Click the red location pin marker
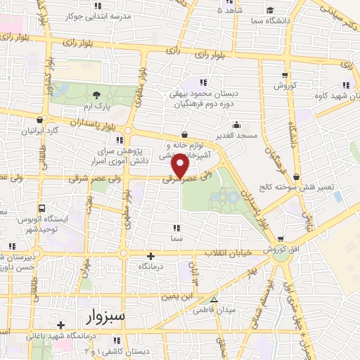click(181, 166)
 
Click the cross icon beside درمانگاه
click(149, 256)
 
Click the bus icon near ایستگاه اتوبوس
click(42, 208)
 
